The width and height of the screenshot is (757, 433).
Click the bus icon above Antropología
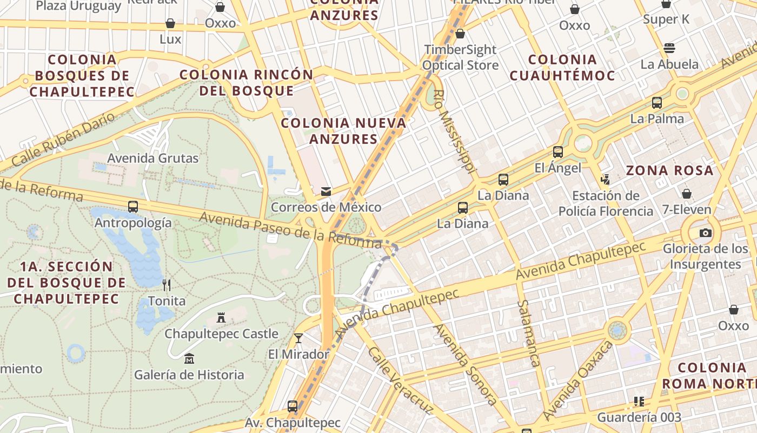tap(133, 206)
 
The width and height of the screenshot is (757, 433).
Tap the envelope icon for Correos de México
tap(326, 191)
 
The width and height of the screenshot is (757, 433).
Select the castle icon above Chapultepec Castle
tap(221, 318)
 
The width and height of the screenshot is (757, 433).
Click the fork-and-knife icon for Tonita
tap(167, 285)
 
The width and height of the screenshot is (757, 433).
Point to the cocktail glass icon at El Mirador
tap(298, 338)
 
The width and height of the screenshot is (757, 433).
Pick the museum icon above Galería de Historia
tap(189, 358)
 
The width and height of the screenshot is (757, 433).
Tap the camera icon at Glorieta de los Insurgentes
tap(706, 233)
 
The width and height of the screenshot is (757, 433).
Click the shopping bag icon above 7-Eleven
tap(687, 193)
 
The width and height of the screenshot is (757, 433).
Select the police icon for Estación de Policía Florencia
tap(606, 179)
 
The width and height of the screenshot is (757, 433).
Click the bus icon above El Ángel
tap(558, 152)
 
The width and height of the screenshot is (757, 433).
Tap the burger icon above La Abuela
tap(669, 48)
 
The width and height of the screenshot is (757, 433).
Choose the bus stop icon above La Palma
tap(657, 102)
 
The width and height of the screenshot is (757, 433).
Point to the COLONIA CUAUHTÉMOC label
tap(562, 67)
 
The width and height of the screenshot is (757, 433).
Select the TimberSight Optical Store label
tap(460, 57)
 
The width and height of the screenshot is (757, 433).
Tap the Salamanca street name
tap(528, 333)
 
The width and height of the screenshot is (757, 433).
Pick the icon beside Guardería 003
tap(639, 402)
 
